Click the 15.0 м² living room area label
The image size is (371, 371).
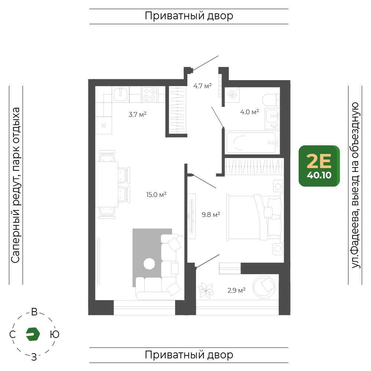(156, 195)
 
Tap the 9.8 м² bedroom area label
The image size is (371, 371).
(211, 214)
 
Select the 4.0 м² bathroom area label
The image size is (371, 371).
(249, 112)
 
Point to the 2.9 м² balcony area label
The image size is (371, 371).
(236, 290)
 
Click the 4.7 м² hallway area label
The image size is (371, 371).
(202, 86)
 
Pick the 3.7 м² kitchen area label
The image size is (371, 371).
(138, 115)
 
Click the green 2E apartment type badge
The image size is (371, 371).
(319, 166)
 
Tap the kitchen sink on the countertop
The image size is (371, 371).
(121, 94)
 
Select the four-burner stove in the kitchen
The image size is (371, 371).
(150, 94)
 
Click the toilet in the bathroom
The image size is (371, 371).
(271, 100)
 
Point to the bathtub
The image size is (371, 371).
(252, 143)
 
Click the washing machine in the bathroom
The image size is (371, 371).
(232, 95)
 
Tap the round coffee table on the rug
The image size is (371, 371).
(149, 263)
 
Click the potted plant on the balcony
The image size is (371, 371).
(206, 290)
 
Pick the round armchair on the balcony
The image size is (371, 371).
(264, 287)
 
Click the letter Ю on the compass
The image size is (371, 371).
(55, 334)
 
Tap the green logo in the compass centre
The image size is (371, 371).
(33, 334)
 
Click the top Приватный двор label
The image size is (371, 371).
(189, 16)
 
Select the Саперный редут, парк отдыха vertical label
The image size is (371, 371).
(16, 185)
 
